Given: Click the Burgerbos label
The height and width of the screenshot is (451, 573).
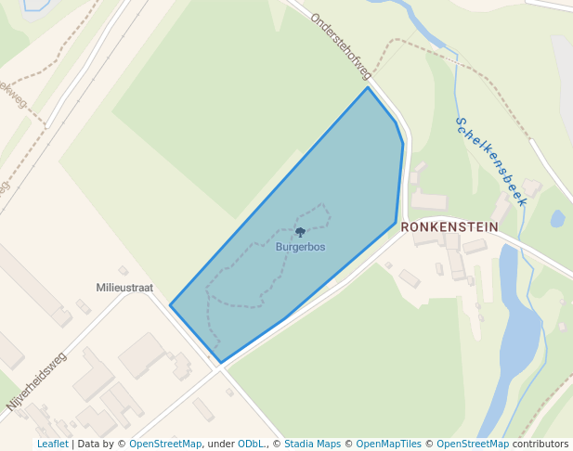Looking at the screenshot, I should tap(300, 247).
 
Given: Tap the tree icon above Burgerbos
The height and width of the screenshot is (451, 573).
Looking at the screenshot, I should tap(300, 232).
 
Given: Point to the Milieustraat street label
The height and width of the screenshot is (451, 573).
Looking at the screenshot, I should tap(124, 288).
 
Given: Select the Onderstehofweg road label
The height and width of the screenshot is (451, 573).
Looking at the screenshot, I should tap(341, 45).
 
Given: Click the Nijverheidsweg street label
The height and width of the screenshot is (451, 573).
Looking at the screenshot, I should tap(37, 380).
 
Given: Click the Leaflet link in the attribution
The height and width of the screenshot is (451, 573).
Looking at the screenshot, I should tap(52, 444).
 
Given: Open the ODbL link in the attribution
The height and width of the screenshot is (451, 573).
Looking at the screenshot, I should tap(251, 444).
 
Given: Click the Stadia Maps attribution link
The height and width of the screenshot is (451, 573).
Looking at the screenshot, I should tap(312, 444).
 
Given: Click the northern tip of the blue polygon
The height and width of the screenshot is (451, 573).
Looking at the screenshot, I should tap(368, 87).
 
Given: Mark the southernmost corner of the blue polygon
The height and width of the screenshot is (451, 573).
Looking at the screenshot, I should tap(220, 362).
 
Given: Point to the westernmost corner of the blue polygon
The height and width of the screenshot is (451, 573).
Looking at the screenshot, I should tap(170, 304).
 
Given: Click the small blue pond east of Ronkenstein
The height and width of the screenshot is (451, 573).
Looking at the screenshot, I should tap(557, 219).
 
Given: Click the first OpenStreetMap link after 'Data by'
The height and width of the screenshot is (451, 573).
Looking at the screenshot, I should tap(165, 444).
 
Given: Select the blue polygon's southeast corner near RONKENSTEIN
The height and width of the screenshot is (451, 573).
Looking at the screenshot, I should tap(396, 223).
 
